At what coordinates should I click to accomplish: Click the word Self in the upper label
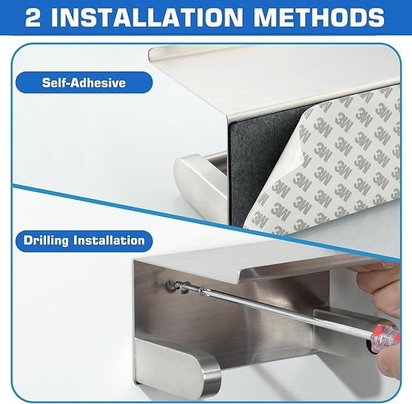[53, 82]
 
